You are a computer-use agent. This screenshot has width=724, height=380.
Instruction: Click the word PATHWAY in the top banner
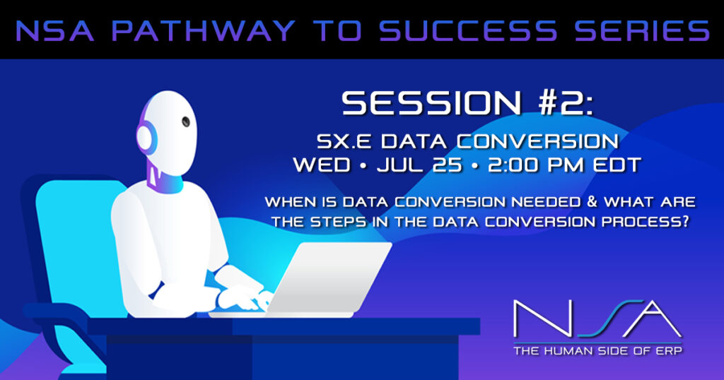pyautogui.click(x=203, y=31)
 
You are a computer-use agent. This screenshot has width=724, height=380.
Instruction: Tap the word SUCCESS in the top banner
pyautogui.click(x=468, y=31)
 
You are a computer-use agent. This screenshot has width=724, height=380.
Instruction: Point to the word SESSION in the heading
pyautogui.click(x=432, y=103)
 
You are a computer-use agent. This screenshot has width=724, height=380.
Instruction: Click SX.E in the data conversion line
pyautogui.click(x=344, y=141)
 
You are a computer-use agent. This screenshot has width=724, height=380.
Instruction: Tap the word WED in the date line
pyautogui.click(x=322, y=165)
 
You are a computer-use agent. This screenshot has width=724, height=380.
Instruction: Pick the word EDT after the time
pyautogui.click(x=617, y=165)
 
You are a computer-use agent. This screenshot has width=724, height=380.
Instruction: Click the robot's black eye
pyautogui.click(x=186, y=121)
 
